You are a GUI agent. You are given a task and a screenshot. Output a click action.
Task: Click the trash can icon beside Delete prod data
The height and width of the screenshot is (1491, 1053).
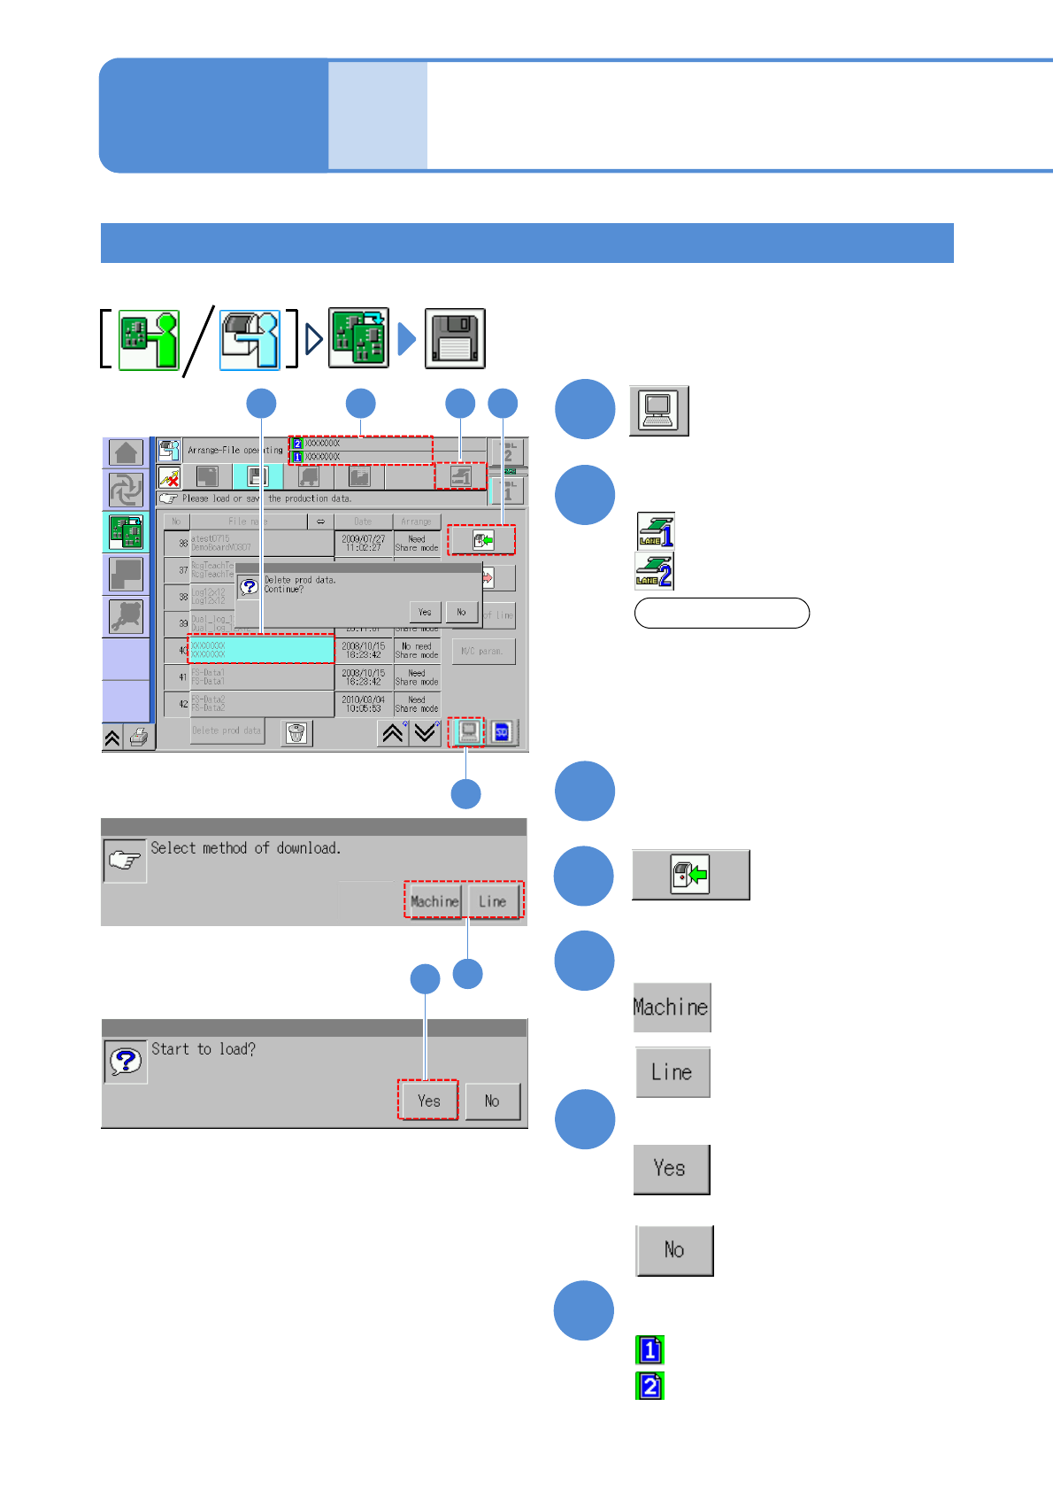(296, 733)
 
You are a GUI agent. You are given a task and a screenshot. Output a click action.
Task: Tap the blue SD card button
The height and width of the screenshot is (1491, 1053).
(502, 732)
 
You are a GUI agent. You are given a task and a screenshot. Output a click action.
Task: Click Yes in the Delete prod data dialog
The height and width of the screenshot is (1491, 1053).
(425, 612)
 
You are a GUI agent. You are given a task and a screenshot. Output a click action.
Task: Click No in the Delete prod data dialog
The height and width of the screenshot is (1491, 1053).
(461, 612)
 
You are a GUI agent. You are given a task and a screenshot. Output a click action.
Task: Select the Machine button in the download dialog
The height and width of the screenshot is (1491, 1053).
(434, 901)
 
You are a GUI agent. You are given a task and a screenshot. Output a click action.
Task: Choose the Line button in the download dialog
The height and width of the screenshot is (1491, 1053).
(493, 901)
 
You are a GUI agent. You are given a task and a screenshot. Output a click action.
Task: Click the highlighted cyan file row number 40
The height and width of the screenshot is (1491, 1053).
(261, 650)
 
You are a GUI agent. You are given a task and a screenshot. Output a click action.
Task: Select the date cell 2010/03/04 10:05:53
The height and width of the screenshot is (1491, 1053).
(364, 704)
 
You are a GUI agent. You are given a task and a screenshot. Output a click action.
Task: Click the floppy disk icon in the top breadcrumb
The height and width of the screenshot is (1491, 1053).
(455, 338)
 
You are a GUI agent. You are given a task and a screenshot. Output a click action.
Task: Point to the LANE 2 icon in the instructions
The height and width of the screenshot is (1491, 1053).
(655, 571)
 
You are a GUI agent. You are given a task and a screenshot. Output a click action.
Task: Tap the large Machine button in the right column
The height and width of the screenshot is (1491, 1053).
(672, 1008)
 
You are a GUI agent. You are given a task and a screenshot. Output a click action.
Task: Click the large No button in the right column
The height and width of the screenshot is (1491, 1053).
(674, 1250)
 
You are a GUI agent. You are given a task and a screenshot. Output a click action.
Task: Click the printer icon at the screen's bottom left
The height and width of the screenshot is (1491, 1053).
(139, 738)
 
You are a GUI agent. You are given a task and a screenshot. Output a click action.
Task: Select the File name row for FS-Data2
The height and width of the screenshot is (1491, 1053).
(261, 704)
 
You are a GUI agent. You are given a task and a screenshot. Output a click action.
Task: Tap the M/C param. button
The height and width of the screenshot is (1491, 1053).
(483, 652)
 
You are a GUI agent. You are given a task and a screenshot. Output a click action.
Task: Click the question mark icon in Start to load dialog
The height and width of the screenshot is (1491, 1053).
(125, 1061)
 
